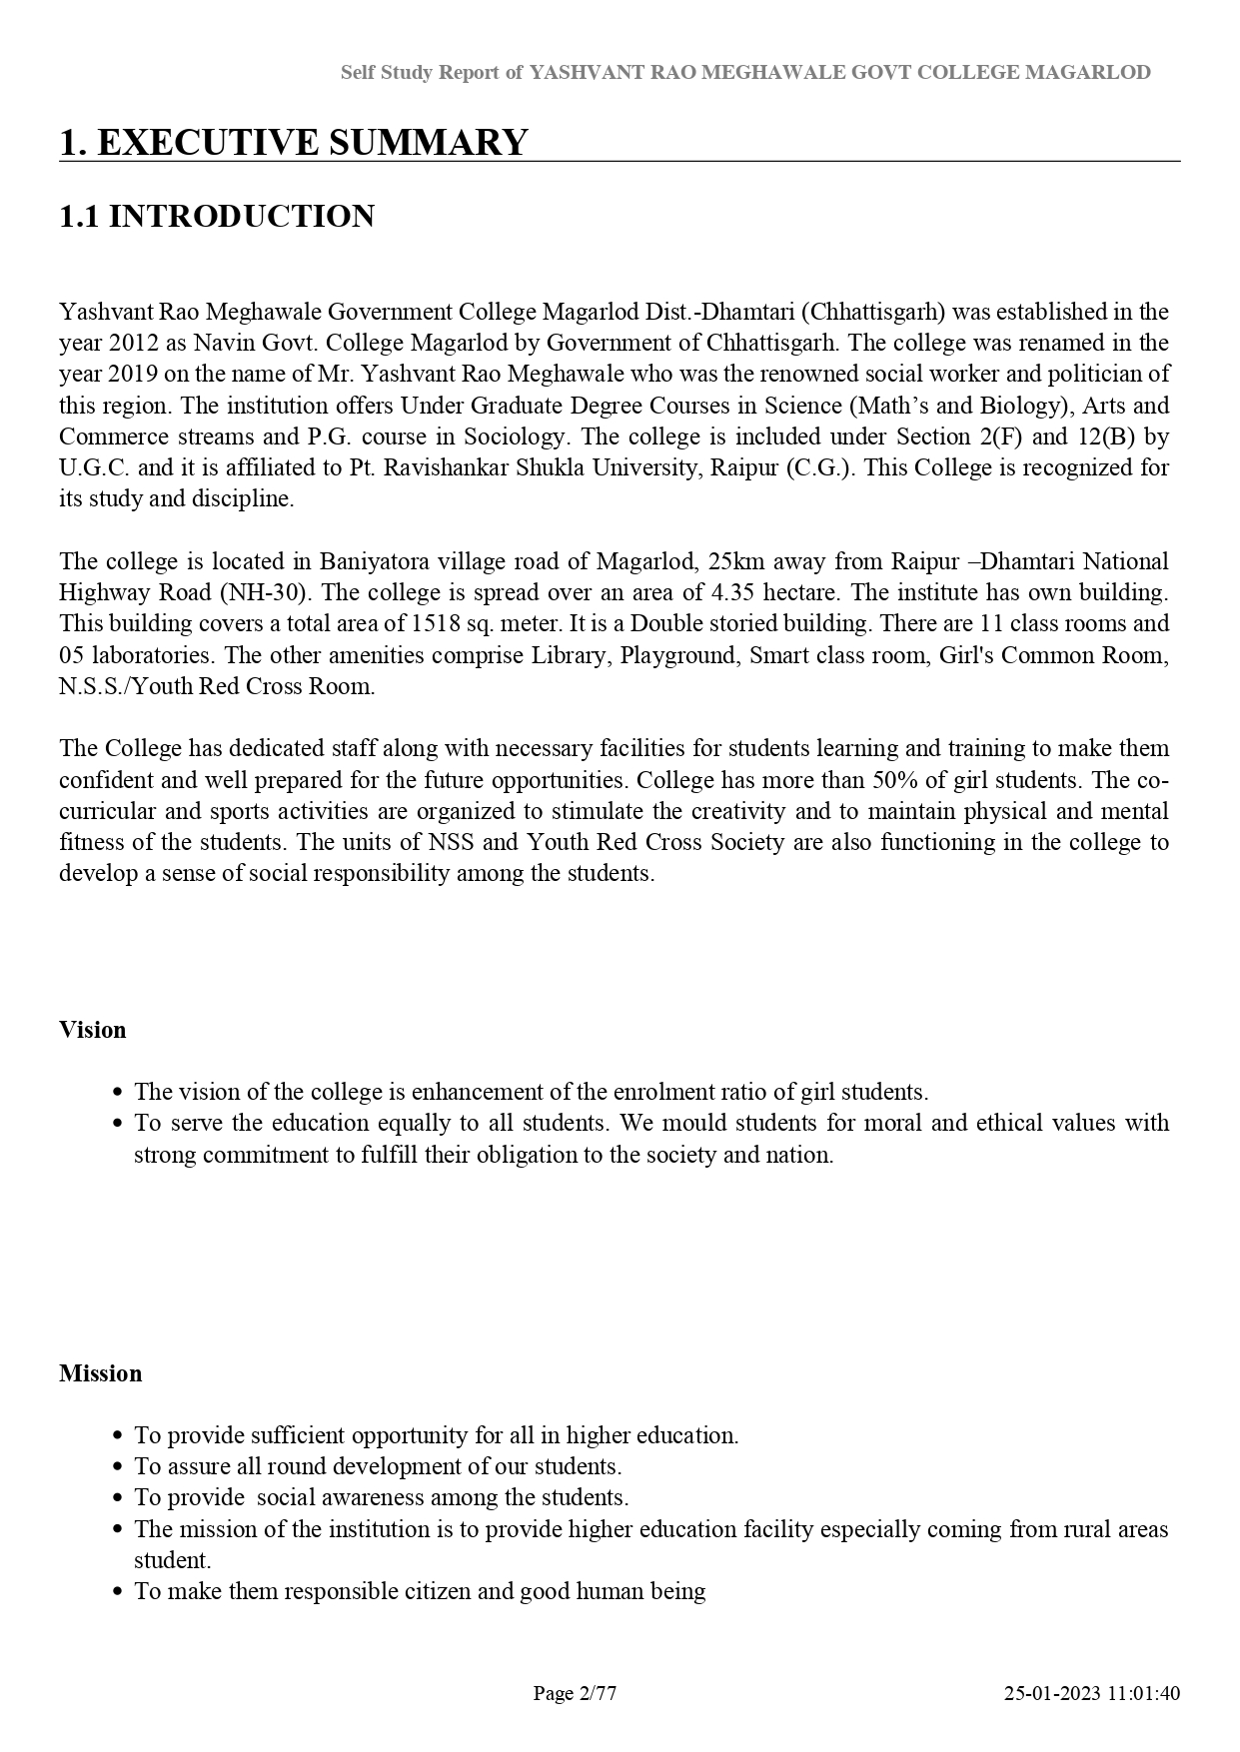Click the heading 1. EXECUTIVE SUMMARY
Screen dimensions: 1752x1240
point(293,143)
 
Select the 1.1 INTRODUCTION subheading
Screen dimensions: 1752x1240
point(217,217)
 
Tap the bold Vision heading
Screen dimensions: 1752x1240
point(93,1030)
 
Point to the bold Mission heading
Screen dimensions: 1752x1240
point(101,1373)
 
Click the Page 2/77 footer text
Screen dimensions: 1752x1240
point(575,1693)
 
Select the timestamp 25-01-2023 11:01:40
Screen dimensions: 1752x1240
point(1092,1693)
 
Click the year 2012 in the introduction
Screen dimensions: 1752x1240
point(133,343)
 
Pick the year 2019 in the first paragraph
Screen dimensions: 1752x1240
point(133,375)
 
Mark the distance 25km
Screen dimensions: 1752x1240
point(735,561)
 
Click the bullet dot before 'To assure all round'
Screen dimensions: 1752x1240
point(118,1467)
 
